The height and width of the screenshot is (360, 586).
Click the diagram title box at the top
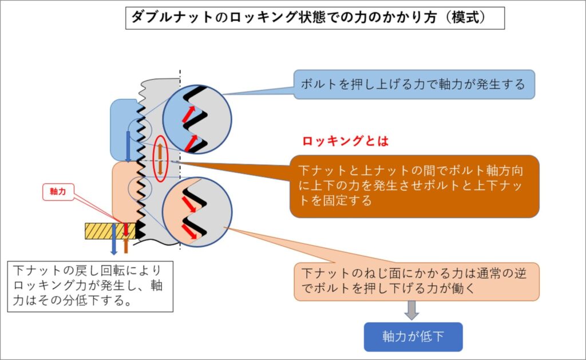(315, 18)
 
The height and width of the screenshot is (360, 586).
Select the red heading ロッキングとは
(345, 141)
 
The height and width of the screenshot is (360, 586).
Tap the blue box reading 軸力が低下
(413, 337)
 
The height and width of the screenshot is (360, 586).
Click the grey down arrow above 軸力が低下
(411, 310)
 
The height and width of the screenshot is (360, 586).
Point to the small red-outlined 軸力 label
(58, 192)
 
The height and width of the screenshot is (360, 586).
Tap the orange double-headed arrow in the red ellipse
(160, 160)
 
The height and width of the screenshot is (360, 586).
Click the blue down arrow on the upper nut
(128, 147)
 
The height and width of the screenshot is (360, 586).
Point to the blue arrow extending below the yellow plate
(114, 239)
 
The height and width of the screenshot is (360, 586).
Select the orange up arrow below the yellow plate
(126, 245)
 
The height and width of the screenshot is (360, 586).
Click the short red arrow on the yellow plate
(125, 230)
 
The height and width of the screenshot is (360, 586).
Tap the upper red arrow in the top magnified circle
(188, 114)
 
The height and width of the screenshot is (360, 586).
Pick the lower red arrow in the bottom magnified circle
(189, 231)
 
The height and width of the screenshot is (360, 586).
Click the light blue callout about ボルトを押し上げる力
(414, 85)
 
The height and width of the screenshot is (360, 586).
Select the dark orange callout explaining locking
(414, 186)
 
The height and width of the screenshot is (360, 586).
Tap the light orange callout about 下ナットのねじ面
(417, 282)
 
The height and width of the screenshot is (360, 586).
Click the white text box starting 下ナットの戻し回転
(90, 286)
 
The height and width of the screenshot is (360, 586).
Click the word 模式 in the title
(466, 18)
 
